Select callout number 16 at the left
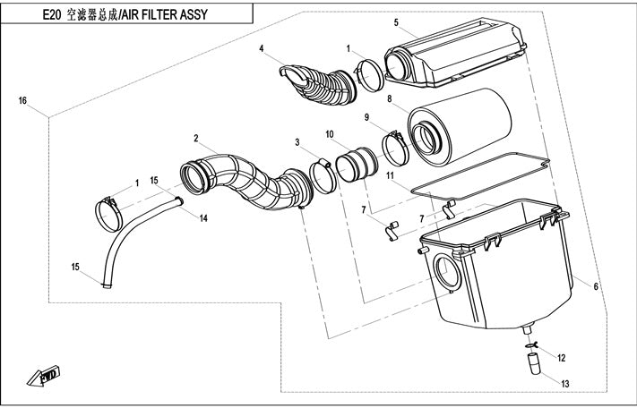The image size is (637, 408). (x=23, y=100)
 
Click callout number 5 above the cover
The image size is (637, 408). (x=396, y=21)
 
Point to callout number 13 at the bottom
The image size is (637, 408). (x=564, y=384)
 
